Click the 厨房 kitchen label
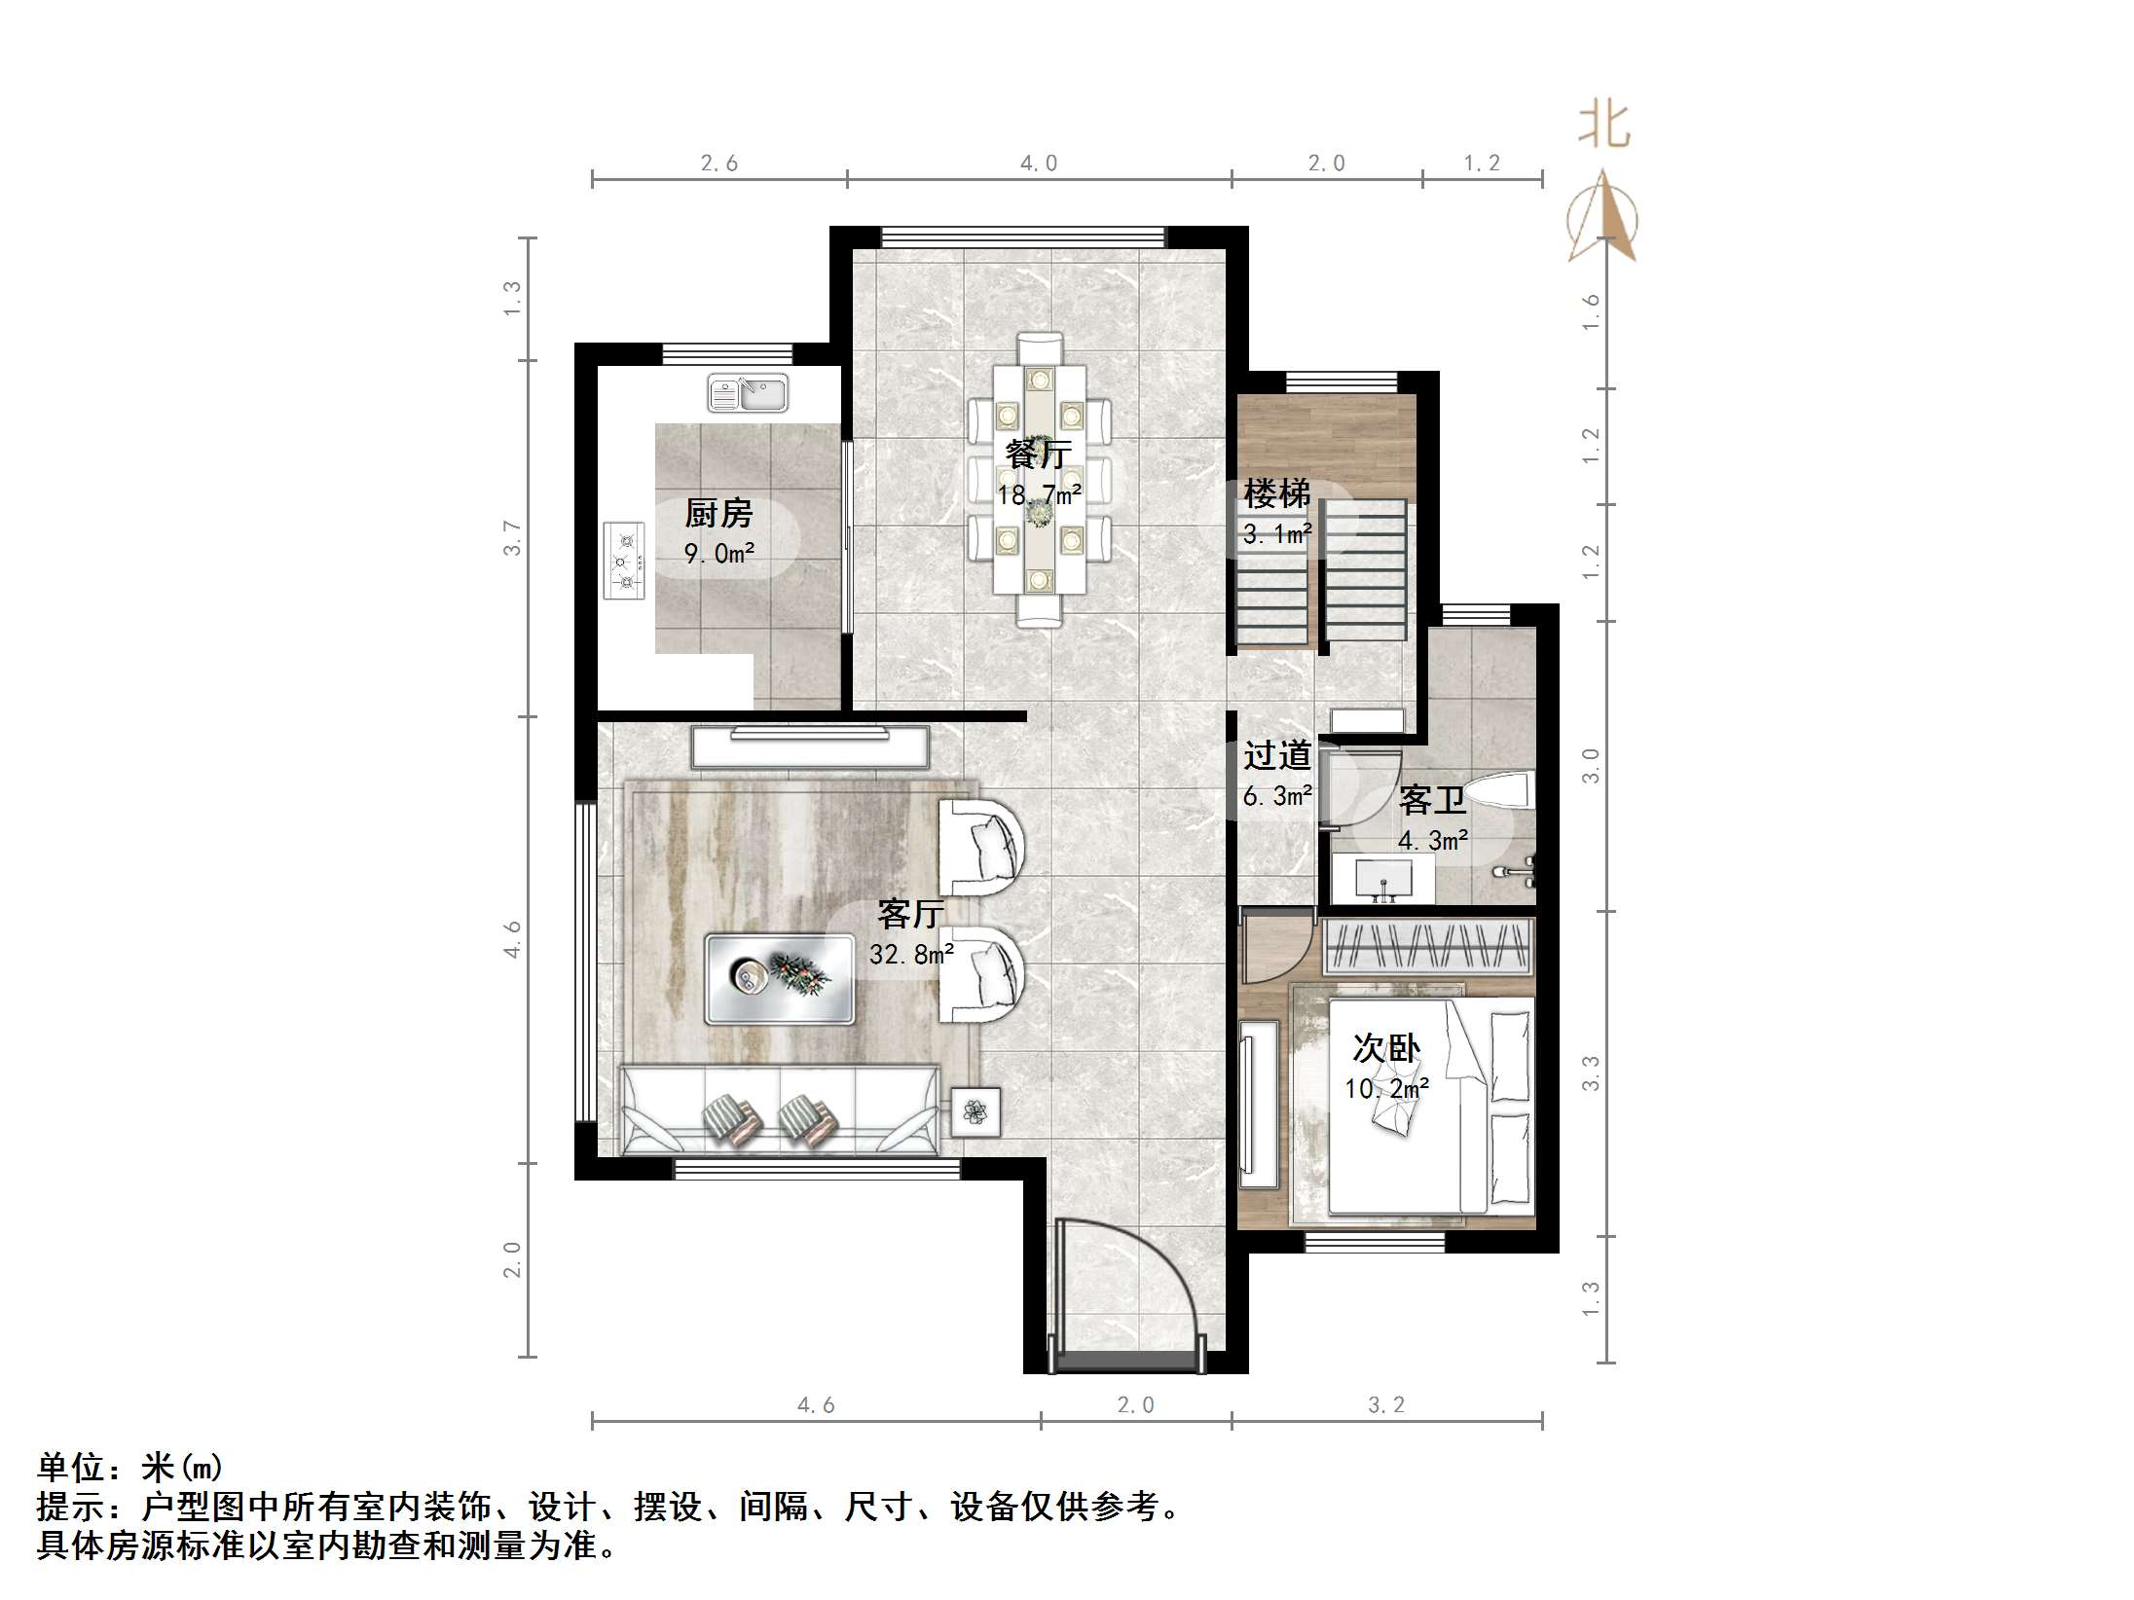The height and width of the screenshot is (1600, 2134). point(718,513)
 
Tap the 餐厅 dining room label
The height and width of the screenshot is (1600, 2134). point(1038,454)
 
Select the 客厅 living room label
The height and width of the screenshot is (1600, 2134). point(910,913)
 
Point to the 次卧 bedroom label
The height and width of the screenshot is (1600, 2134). point(1386,1048)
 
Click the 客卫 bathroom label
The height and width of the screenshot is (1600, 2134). point(1431,800)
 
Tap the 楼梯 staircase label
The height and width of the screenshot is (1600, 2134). point(1276,493)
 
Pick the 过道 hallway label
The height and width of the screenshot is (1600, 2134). point(1276,755)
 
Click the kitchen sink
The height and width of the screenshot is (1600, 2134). point(748,394)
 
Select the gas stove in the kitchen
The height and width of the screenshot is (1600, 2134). point(625,562)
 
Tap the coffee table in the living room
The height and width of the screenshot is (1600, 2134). point(780,979)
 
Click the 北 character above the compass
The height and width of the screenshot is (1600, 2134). point(1603,127)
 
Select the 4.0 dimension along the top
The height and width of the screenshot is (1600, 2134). point(1038,164)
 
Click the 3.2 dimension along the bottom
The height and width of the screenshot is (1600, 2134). point(1386,1405)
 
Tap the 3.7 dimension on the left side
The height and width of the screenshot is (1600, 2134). point(512,538)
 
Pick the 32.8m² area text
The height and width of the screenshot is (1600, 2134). point(911,955)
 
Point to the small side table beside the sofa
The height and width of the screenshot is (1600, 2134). point(975,1110)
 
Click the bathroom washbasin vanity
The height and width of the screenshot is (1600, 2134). point(1382,878)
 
